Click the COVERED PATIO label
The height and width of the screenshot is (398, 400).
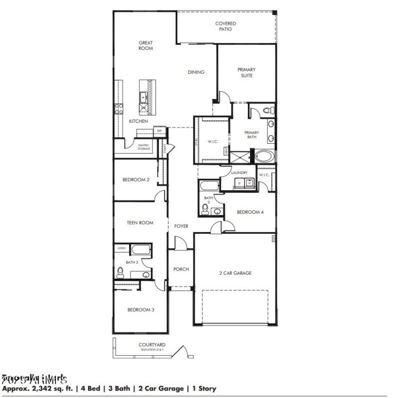[x=225, y=26]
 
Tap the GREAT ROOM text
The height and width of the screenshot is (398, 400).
[x=145, y=45]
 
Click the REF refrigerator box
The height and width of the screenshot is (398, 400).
[x=160, y=131]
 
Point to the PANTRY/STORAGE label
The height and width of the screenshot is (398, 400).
[x=144, y=147]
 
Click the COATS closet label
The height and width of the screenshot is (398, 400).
[x=164, y=148]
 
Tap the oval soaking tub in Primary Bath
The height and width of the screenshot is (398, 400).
[x=264, y=156]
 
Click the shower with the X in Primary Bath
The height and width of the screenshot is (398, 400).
[x=240, y=157]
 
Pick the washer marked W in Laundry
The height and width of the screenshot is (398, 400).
[x=249, y=184]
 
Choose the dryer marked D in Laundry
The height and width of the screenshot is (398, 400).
[x=238, y=184]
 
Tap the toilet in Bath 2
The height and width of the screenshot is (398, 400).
[x=120, y=272]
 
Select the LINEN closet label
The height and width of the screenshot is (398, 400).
[x=121, y=248]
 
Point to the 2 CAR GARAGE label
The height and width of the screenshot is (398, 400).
[x=235, y=273]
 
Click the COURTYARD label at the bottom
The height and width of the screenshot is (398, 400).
[x=152, y=345]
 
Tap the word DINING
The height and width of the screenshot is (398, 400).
[x=196, y=72]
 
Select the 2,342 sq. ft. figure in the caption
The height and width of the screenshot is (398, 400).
[x=46, y=388]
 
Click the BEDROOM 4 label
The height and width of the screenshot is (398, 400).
[x=249, y=212]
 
